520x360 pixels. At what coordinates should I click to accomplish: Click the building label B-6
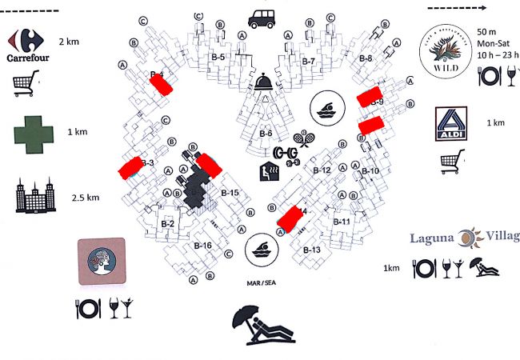(x=266, y=134)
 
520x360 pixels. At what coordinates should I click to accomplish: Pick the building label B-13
(x=311, y=250)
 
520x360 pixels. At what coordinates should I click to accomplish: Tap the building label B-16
(x=202, y=246)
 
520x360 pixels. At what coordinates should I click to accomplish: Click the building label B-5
(x=217, y=58)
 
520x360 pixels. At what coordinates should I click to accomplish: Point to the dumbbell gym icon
(x=286, y=153)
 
